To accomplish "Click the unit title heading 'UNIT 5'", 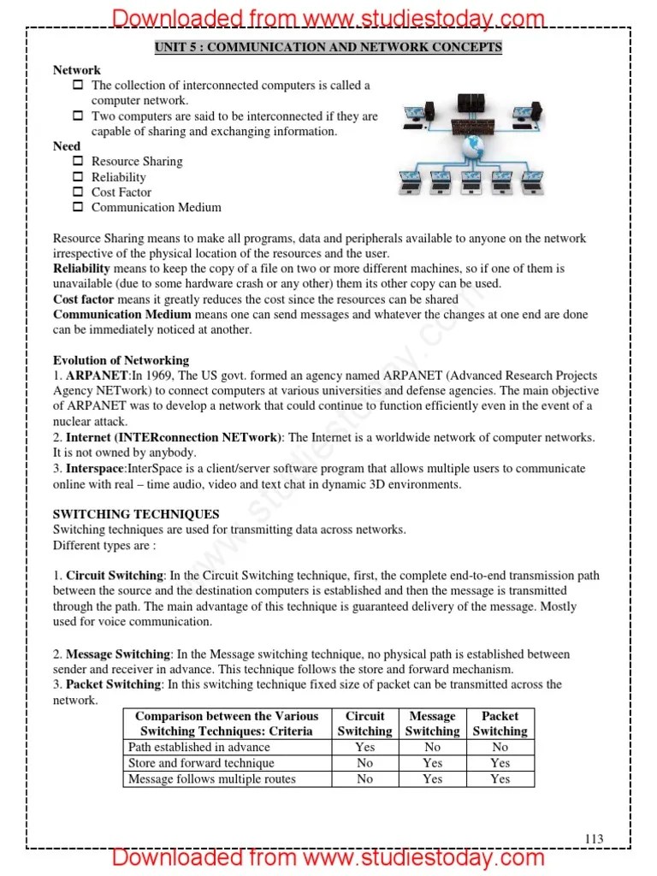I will (x=328, y=47).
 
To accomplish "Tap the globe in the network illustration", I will (x=470, y=150).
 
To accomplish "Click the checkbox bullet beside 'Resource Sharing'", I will (x=78, y=161).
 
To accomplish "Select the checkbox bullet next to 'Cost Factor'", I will (x=78, y=192).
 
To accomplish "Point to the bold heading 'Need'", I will (x=67, y=146).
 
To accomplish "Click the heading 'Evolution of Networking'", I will (x=121, y=360).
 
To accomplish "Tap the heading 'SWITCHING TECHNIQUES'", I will (x=136, y=514).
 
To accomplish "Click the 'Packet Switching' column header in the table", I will (x=500, y=724).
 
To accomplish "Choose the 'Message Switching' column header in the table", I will (x=432, y=724).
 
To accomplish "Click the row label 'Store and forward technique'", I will (x=201, y=762).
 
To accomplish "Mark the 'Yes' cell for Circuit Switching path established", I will (x=364, y=747).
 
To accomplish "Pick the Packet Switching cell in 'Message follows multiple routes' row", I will (x=500, y=778).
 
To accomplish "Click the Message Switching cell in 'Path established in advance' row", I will (x=432, y=747).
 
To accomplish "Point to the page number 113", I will (x=594, y=839).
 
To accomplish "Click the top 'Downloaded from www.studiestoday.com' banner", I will (x=328, y=17).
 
